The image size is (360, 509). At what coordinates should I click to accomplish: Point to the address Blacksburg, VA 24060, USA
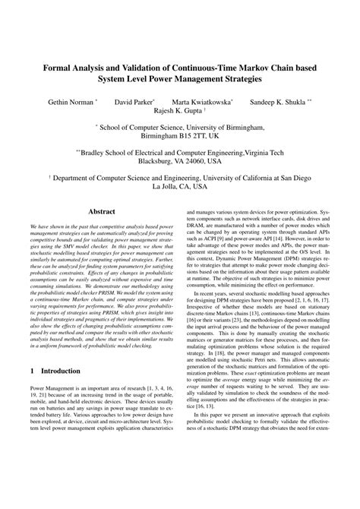pyautogui.click(x=180, y=161)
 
